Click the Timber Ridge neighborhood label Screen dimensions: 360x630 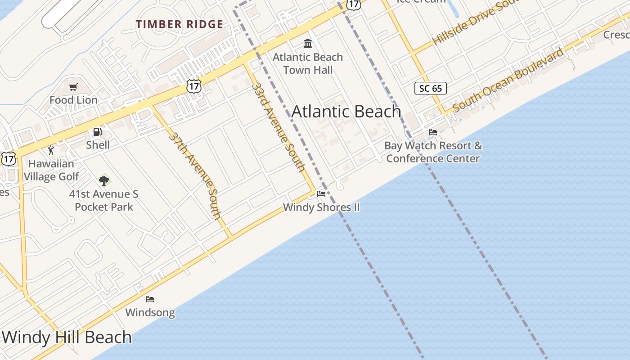[x=180, y=24]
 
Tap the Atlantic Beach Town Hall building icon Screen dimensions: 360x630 [x=308, y=43]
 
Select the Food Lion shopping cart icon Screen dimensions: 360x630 [x=73, y=87]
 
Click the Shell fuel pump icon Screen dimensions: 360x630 [x=97, y=132]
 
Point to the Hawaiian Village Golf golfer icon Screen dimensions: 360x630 [x=50, y=150]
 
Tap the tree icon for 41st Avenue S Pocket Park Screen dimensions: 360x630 [x=104, y=181]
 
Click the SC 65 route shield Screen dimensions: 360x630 [x=431, y=88]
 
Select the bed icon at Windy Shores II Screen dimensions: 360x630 [x=321, y=194]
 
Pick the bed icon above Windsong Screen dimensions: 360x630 [x=150, y=299]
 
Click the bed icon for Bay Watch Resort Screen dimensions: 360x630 [x=433, y=132]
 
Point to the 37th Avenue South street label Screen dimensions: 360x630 [x=196, y=175]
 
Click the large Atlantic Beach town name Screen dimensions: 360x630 [x=346, y=111]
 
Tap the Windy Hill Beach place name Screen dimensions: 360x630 [x=67, y=337]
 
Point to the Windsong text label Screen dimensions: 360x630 [x=150, y=312]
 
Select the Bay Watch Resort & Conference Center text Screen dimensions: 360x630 [x=433, y=152]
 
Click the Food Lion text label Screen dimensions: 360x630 [x=73, y=100]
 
